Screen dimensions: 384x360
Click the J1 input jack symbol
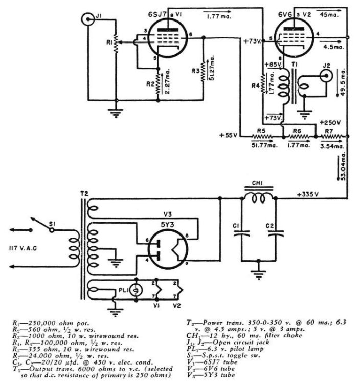[x=88, y=20]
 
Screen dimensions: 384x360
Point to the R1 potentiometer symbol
[x=116, y=46]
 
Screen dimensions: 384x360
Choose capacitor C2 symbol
[x=278, y=234]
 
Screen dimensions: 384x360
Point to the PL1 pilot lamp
[x=136, y=289]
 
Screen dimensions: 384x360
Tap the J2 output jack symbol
[x=324, y=75]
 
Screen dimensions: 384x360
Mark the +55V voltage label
[x=229, y=135]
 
